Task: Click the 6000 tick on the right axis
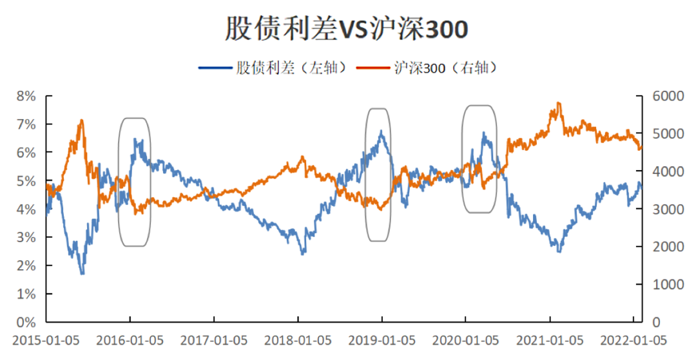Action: (x=659, y=96)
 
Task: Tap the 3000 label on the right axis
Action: (x=659, y=209)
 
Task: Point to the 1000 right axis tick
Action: (x=659, y=285)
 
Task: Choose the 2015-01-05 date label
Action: (x=45, y=339)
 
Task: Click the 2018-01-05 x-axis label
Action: (x=297, y=339)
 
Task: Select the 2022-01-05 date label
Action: (x=633, y=339)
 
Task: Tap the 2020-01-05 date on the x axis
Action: (x=465, y=339)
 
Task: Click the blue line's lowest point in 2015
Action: (x=82, y=274)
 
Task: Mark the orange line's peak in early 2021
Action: (x=558, y=103)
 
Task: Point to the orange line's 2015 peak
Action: (x=81, y=120)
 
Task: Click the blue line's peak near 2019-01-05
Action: (x=382, y=131)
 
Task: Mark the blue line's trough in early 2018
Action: (x=303, y=253)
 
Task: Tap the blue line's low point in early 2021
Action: (x=559, y=251)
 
